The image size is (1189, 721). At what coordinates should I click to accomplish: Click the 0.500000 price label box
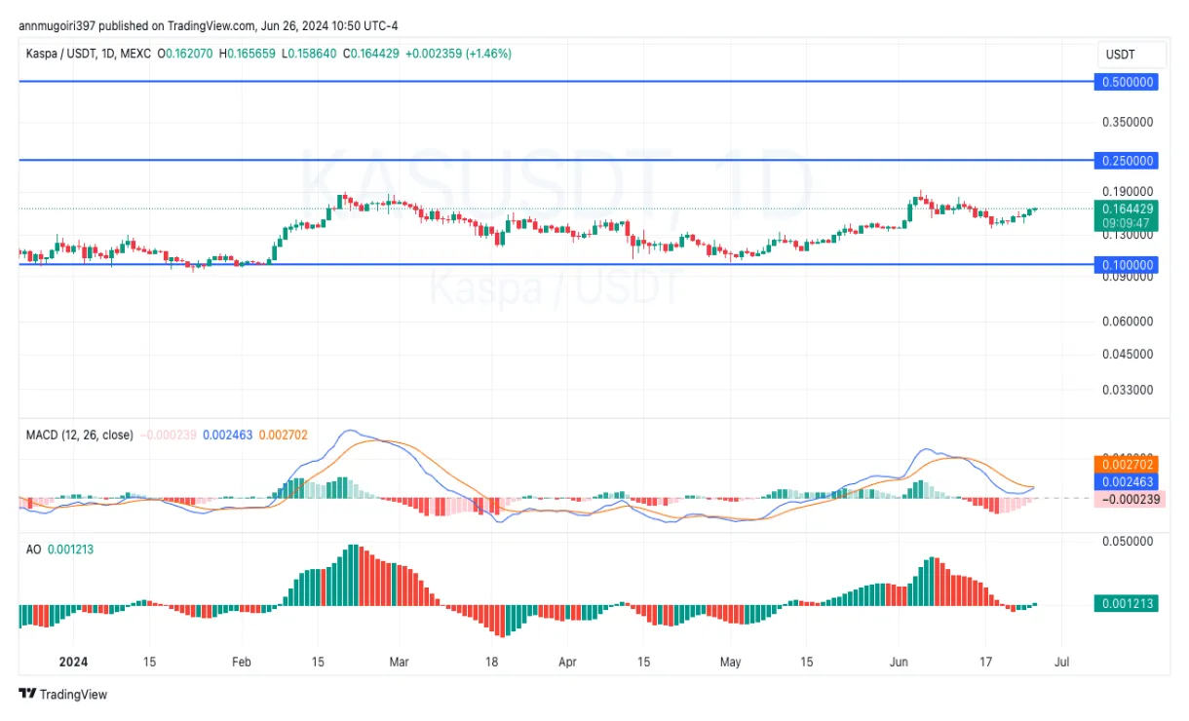1128,82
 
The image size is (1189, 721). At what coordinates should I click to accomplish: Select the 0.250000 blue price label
1128,160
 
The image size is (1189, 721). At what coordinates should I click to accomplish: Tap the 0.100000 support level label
1128,264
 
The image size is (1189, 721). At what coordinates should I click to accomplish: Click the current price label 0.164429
1128,208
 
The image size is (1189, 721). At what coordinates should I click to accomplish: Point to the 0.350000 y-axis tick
1128,122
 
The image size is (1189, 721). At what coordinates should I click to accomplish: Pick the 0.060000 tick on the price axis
1128,321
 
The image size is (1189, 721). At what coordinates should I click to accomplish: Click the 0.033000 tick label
1128,390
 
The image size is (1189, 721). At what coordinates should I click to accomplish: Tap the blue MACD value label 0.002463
1128,481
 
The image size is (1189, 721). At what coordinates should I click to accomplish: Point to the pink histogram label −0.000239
1128,499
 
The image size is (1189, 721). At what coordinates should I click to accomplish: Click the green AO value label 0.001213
1128,603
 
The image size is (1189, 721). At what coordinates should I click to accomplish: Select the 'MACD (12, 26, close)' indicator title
79,435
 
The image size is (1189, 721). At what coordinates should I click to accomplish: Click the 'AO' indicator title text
33,550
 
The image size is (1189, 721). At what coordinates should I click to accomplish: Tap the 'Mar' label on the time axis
399,662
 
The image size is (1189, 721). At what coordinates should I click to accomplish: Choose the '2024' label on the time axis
73,662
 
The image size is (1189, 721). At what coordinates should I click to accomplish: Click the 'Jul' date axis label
1061,662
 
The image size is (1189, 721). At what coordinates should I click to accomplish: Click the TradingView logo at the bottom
63,695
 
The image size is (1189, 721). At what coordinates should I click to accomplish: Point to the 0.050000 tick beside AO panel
1128,541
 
